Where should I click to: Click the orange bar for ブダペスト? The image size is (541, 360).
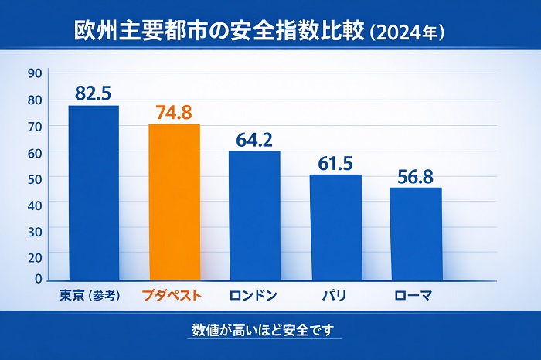pos(174,202)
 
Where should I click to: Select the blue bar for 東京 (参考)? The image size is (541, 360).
pos(94,192)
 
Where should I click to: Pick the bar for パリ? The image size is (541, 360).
pos(335,227)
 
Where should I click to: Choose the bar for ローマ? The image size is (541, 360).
pos(415,233)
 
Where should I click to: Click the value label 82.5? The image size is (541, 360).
pos(94,93)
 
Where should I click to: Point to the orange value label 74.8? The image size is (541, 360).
pos(174,112)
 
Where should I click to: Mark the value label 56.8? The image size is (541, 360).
pos(416,176)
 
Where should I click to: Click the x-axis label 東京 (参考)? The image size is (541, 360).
pos(90,295)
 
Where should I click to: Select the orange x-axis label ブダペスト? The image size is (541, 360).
pos(172,295)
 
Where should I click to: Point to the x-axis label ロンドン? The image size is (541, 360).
pos(253,295)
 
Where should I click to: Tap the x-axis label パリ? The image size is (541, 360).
pos(334,295)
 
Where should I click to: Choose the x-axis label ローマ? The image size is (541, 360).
pos(413,295)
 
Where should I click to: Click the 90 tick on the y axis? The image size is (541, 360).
pos(34,73)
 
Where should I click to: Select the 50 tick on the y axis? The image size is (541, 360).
pos(34,177)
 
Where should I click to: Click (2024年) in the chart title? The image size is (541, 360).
pos(407,32)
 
